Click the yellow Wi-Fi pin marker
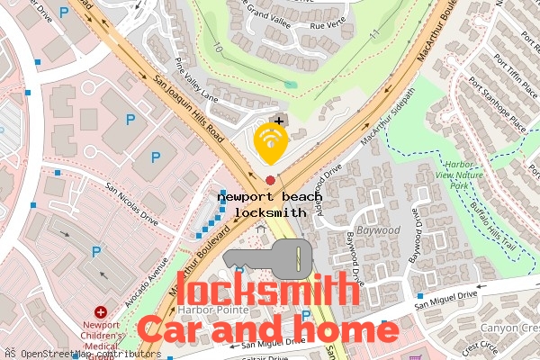[270, 141]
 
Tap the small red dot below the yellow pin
[270, 180]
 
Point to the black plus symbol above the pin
[279, 121]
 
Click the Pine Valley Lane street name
[197, 78]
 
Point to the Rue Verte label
[328, 27]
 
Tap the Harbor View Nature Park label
[458, 175]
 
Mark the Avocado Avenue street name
[150, 281]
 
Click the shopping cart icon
[418, 356]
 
